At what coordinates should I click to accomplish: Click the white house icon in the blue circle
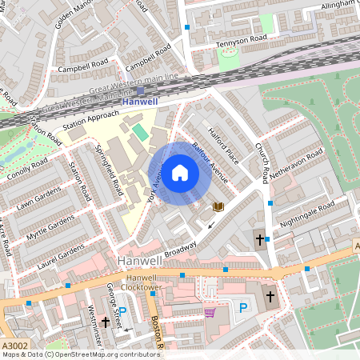180,172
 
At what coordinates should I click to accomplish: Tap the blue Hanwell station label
141,102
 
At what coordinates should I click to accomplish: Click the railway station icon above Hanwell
141,90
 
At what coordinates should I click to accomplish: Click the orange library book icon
218,206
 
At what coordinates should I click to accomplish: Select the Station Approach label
90,122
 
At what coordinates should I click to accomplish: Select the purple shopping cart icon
210,312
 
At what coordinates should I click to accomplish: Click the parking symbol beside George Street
122,311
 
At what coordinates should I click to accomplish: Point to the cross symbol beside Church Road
258,238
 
